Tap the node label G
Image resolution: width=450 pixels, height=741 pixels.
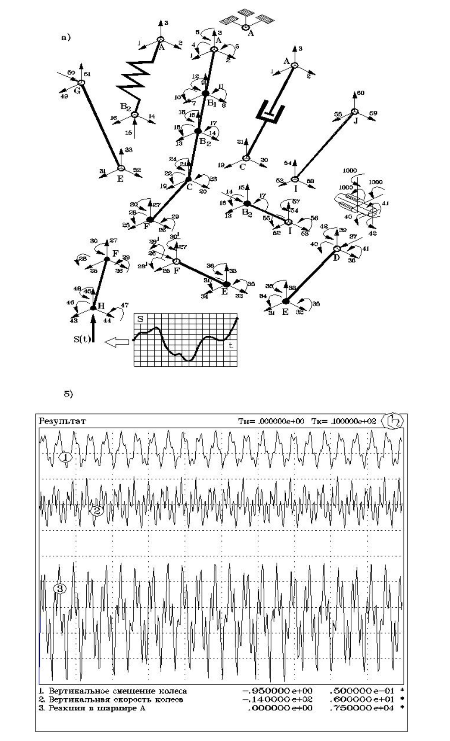[x=77, y=90]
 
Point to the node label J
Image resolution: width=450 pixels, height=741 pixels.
[x=357, y=119]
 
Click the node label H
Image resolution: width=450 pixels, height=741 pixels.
[x=101, y=306]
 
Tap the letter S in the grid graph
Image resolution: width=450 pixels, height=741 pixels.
[x=140, y=319]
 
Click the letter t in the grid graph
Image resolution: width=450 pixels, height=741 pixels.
[x=230, y=345]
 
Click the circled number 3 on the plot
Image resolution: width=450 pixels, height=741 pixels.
[x=59, y=588]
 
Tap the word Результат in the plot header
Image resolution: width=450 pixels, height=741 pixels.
[x=62, y=421]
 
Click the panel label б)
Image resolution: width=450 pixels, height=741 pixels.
[x=68, y=394]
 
